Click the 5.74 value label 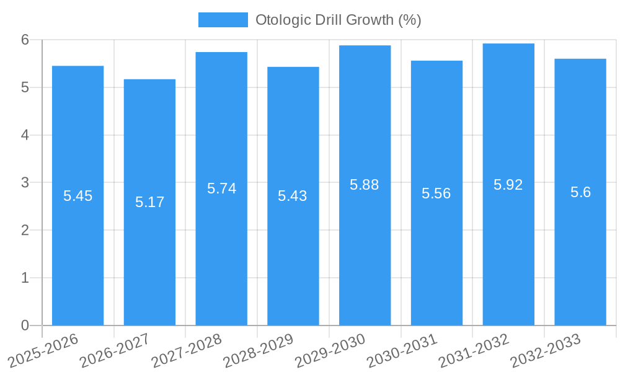[221, 188]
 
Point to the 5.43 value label [293, 196]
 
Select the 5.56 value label [436, 193]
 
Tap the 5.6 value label [580, 192]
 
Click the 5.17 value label [149, 202]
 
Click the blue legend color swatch [223, 20]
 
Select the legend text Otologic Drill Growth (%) [339, 20]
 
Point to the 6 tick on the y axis [25, 40]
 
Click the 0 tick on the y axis [25, 325]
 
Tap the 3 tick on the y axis [25, 183]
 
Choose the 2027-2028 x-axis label [186, 350]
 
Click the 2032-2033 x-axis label [545, 350]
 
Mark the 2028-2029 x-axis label [258, 350]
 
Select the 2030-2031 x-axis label [401, 350]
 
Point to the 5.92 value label [508, 185]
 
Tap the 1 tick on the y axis [25, 278]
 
